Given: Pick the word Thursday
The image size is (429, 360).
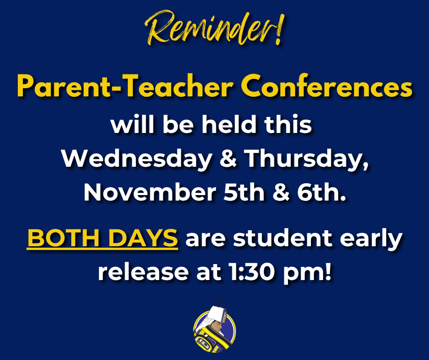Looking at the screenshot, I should (306, 159).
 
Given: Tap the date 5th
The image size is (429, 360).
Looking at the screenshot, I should (241, 192).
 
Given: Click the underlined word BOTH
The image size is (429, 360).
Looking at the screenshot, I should (61, 238).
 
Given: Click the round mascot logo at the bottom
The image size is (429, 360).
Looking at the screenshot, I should (214, 329).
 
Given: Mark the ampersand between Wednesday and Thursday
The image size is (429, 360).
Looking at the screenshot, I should (229, 159).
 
